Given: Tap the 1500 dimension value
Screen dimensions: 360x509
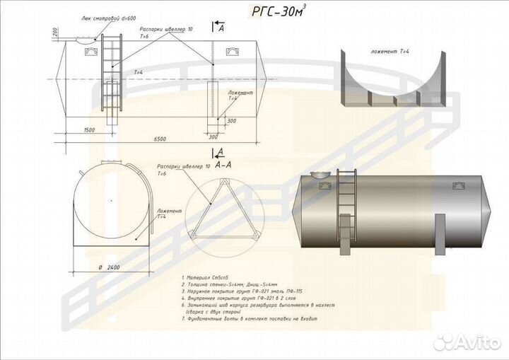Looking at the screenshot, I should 88,131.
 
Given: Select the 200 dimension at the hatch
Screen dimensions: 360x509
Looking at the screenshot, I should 55,32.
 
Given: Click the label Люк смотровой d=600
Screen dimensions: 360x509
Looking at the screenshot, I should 107,19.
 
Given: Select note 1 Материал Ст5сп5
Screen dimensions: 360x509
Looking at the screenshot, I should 205,279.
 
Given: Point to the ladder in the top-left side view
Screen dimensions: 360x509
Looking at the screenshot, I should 112,71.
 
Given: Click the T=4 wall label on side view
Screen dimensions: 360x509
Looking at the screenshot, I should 139,72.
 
